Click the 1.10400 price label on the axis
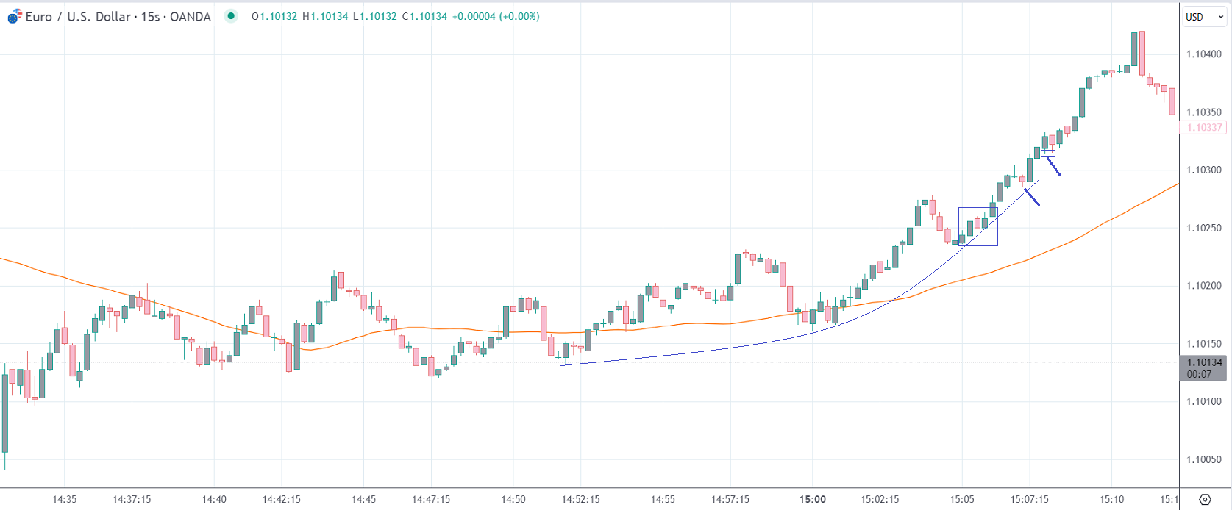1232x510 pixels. point(1204,54)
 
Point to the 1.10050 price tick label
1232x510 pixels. point(1204,459)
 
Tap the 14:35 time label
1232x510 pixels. point(64,499)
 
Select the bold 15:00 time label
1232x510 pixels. point(813,499)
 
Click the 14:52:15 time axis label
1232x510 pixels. point(580,499)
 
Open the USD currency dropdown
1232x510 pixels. point(1203,17)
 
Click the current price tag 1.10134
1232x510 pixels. point(1204,362)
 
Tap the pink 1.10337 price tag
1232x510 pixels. point(1204,127)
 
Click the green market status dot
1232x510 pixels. point(231,16)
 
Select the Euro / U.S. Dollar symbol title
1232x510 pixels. point(118,16)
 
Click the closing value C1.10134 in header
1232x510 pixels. point(424,16)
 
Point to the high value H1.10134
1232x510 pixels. point(325,16)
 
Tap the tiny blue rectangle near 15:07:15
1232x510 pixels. point(1048,153)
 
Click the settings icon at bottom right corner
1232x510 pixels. point(1205,499)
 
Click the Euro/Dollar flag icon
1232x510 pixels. point(14,17)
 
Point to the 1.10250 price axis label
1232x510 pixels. point(1204,228)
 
